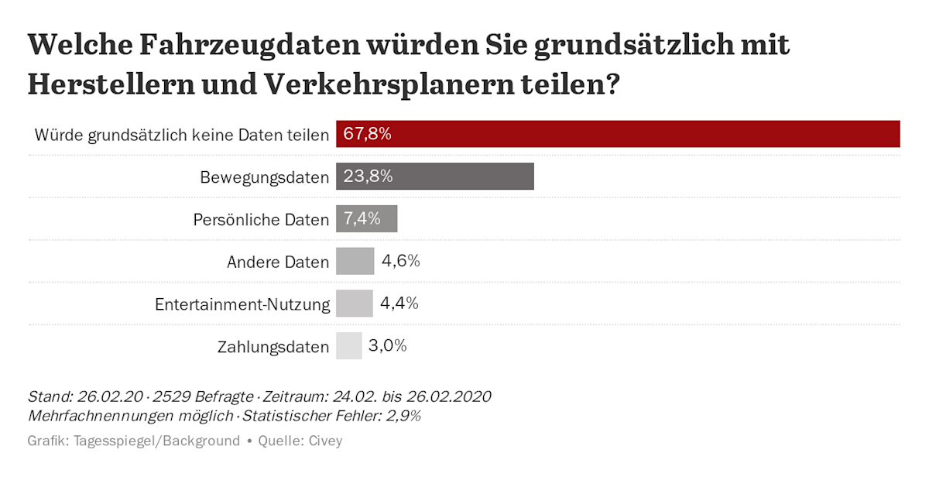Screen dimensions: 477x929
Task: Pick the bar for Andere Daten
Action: (355, 261)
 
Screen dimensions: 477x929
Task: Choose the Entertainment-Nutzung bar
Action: (354, 304)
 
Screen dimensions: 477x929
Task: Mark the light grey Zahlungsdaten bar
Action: (348, 345)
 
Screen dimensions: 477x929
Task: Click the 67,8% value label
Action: (367, 134)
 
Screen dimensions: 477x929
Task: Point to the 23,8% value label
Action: (368, 177)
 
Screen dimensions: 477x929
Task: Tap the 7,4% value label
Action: (362, 219)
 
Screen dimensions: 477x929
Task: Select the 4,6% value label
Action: (400, 261)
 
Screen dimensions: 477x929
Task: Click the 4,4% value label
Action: (399, 304)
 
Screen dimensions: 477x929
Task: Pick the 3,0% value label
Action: (387, 345)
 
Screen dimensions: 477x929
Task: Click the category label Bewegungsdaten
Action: (264, 177)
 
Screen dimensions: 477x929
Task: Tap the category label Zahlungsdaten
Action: (273, 347)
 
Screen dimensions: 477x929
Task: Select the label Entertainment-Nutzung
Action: (242, 304)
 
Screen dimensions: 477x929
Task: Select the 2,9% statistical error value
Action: (404, 417)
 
